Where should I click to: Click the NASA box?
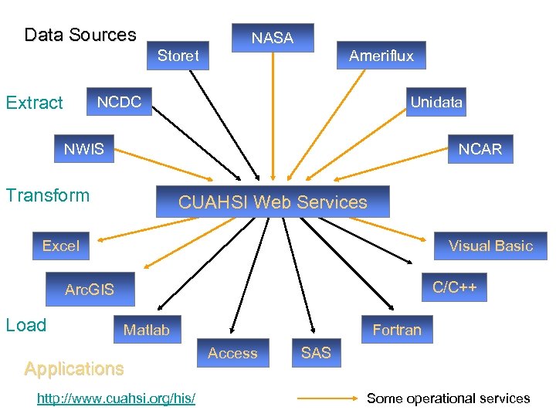click(x=273, y=38)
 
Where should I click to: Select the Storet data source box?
click(x=178, y=56)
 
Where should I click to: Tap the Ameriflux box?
click(x=381, y=56)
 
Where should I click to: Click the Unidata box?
click(x=436, y=103)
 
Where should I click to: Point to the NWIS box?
click(x=83, y=149)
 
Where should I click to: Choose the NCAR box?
click(x=480, y=149)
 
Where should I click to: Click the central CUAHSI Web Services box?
click(x=273, y=202)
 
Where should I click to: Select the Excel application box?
click(x=61, y=246)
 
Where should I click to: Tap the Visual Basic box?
click(x=490, y=246)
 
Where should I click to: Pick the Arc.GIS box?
click(x=90, y=290)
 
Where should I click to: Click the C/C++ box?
click(x=454, y=288)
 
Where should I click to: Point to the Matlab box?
click(x=147, y=330)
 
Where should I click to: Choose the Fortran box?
click(x=397, y=330)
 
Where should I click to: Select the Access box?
click(x=232, y=353)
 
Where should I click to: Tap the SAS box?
click(x=316, y=353)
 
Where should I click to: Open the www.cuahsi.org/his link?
click(x=116, y=398)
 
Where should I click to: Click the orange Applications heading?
click(x=74, y=369)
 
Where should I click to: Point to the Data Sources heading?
click(x=80, y=35)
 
